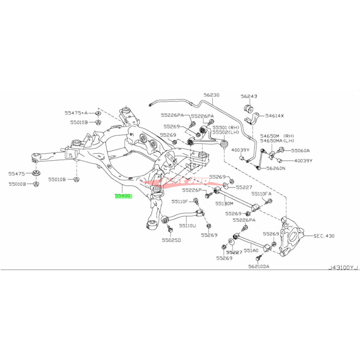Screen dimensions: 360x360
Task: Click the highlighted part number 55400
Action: point(123,196)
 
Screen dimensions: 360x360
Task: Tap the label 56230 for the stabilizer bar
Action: point(211,95)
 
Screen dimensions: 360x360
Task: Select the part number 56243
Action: point(249,97)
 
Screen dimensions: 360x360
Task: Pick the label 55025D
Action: point(172,240)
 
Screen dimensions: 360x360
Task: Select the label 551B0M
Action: point(224,203)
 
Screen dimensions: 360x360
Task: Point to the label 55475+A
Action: point(76,113)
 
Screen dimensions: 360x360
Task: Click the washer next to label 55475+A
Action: point(98,113)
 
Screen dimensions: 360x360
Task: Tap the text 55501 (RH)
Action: point(224,127)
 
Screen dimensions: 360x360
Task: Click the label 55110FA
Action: point(262,194)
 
